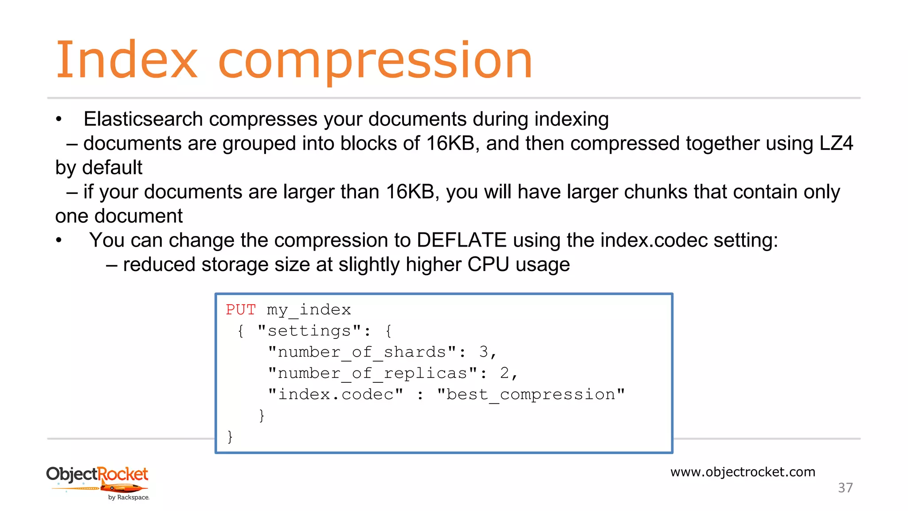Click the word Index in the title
click(x=126, y=60)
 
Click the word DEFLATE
click(x=462, y=240)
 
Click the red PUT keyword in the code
click(x=241, y=309)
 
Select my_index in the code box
click(x=309, y=310)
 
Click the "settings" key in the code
click(x=309, y=330)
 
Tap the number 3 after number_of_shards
click(x=484, y=352)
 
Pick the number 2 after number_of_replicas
click(x=505, y=373)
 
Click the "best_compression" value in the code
click(x=531, y=394)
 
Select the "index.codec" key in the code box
click(x=336, y=394)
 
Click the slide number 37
click(x=845, y=487)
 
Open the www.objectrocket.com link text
click(x=743, y=472)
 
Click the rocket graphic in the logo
click(x=122, y=488)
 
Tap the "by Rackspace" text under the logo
click(x=129, y=497)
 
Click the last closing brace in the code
click(x=230, y=436)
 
